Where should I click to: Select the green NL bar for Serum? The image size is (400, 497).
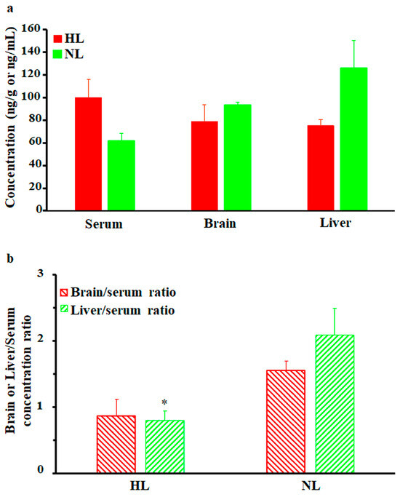(121, 175)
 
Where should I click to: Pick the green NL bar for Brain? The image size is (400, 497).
(217, 157)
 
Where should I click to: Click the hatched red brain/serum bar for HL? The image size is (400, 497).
(116, 444)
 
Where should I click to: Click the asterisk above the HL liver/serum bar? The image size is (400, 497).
(164, 403)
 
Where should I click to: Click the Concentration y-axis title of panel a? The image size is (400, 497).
(12, 119)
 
